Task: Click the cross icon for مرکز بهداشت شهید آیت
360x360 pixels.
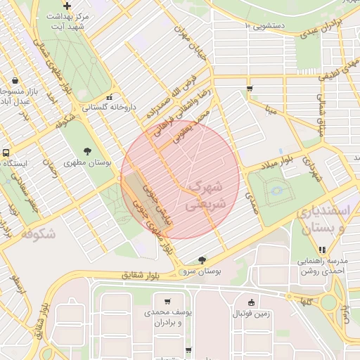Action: [66, 6]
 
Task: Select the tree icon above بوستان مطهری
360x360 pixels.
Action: [87, 151]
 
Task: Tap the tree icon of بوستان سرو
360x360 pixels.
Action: [203, 260]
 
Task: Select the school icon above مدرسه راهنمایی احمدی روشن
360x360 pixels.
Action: [322, 250]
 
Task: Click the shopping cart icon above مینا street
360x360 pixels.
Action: [250, 88]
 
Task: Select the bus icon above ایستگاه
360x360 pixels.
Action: [6, 153]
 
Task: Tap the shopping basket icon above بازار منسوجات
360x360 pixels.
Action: [15, 80]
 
